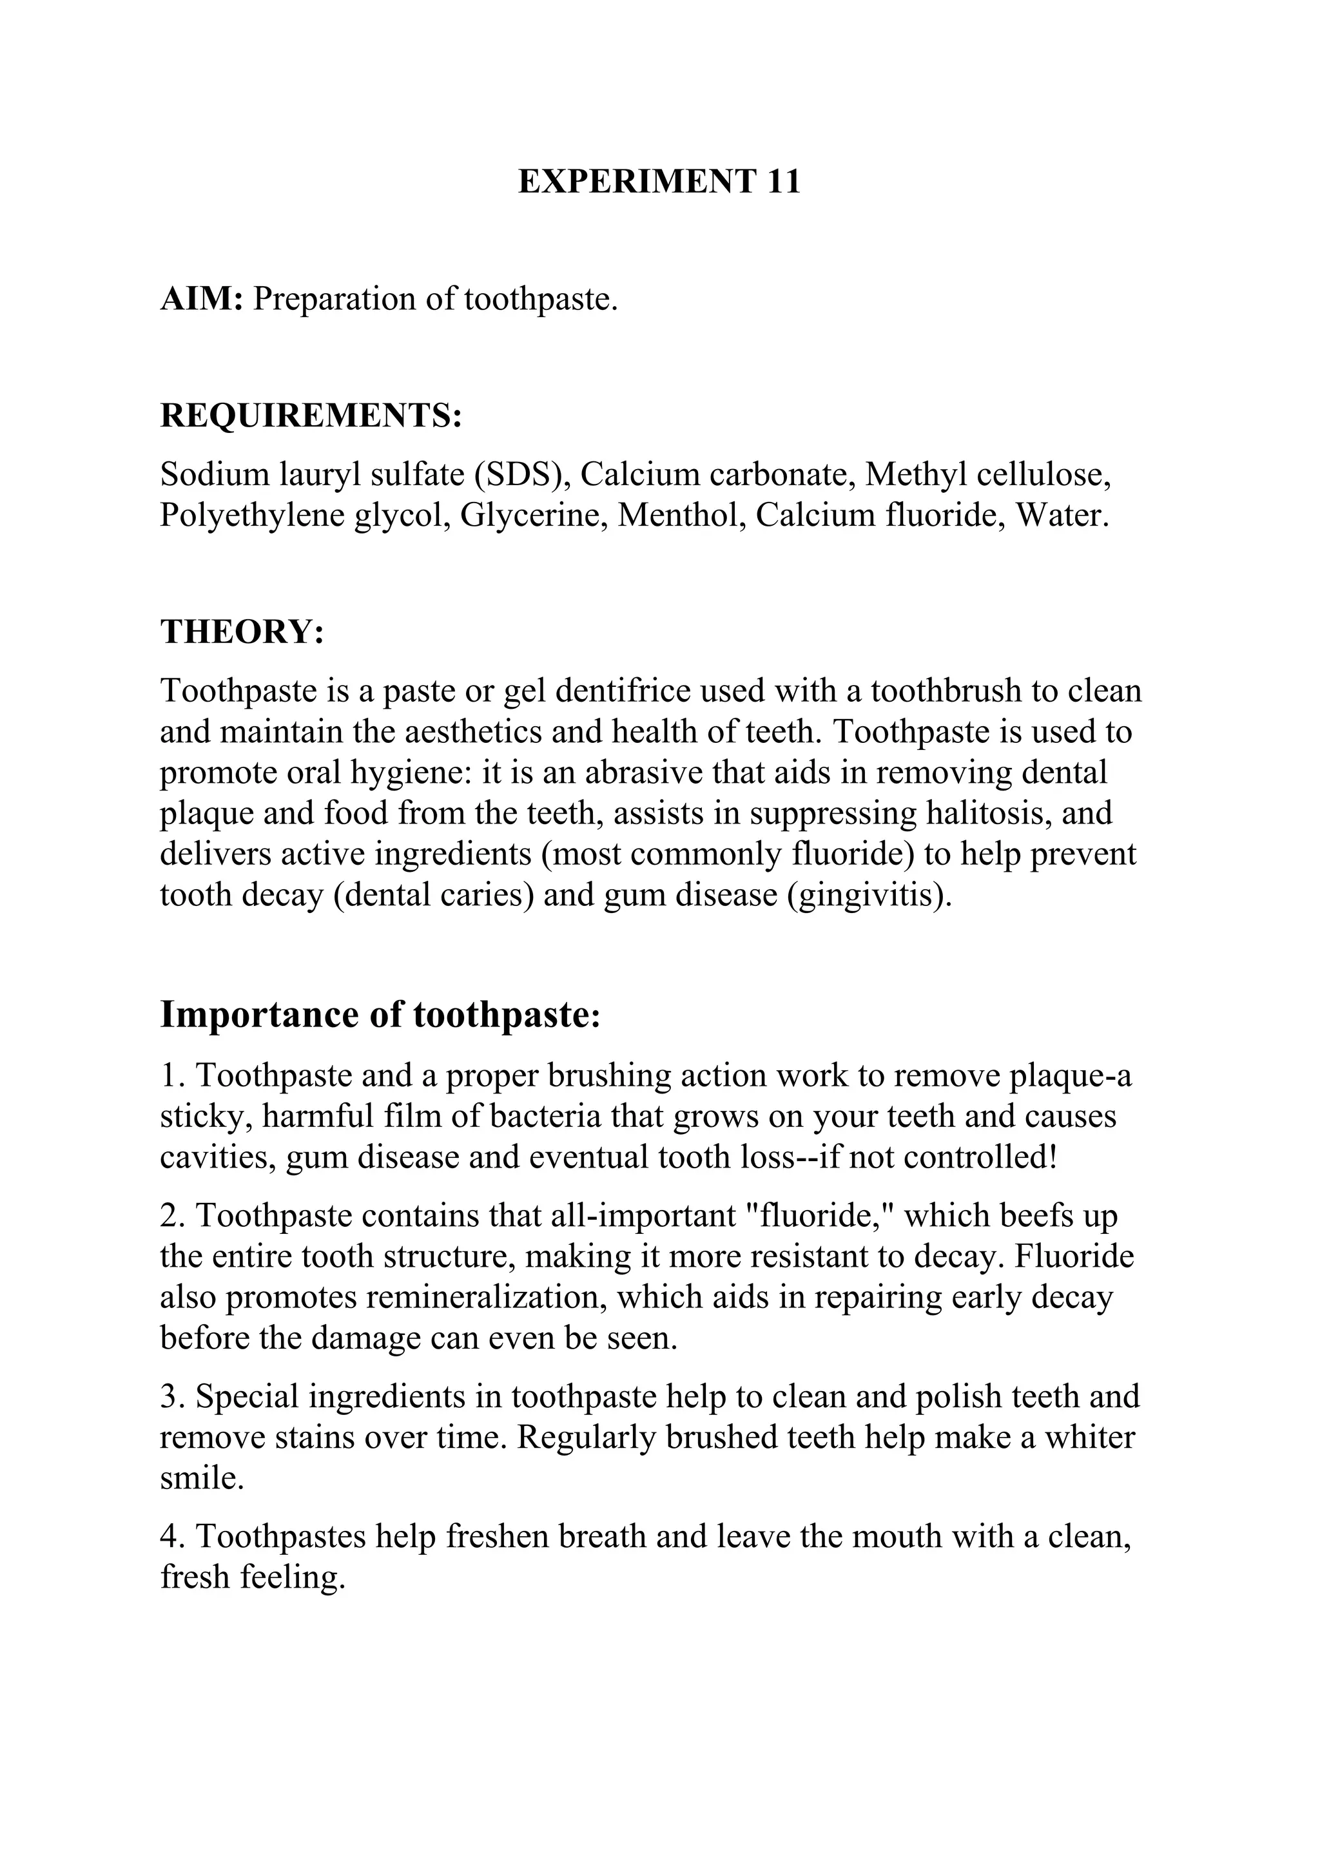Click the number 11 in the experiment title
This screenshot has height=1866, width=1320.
pyautogui.click(x=782, y=181)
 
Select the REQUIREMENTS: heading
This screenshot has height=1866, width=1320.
pyautogui.click(x=311, y=416)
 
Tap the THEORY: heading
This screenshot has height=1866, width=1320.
pyautogui.click(x=242, y=631)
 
